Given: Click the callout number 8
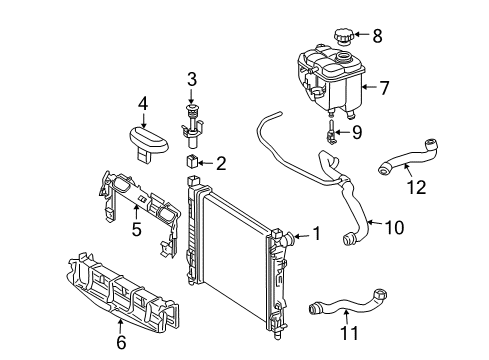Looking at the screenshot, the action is pos(377,36).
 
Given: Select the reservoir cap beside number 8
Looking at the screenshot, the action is pos(343,36).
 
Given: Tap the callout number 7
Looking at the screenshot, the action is pos(384,88).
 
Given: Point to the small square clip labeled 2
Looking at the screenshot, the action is pos(192,161).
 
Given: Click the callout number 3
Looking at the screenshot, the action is pos(192,80).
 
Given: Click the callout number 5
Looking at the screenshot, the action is pos(136,229).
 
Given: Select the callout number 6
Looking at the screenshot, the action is pos(121,342).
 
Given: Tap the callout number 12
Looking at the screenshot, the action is pos(416,187).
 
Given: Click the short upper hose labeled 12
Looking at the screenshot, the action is pos(408,157).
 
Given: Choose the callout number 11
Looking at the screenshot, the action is pos(349,333).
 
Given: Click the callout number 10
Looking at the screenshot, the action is pos(394,228).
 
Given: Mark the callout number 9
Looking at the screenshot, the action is pos(357,132).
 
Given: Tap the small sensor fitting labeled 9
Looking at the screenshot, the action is pos(331,132).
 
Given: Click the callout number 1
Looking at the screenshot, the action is pos(316,233).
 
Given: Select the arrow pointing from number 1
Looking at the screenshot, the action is pos(302,237).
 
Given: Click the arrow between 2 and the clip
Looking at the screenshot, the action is pos(207,163).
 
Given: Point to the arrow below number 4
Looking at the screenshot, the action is pos(143,120).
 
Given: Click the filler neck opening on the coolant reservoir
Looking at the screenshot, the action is pos(343,57).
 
